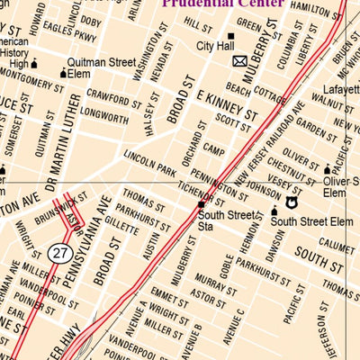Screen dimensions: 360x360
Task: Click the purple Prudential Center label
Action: [x=221, y=4]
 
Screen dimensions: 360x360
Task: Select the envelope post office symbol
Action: [x=239, y=61]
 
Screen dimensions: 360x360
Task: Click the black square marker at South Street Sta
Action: [x=202, y=205]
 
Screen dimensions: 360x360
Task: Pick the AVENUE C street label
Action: [x=238, y=325]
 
